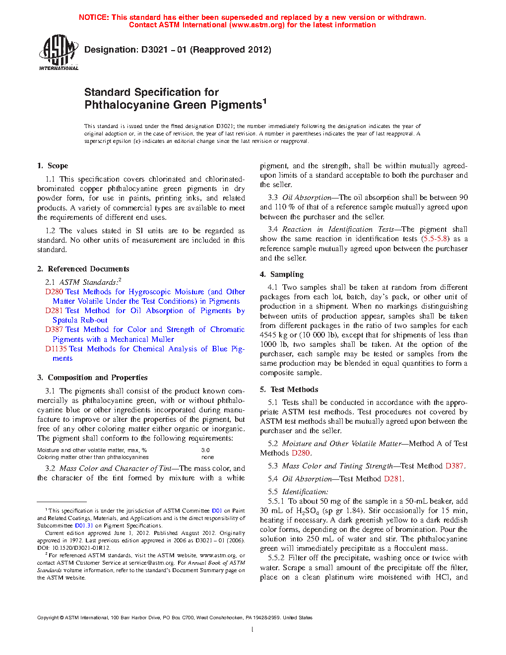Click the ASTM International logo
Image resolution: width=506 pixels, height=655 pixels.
(x=59, y=52)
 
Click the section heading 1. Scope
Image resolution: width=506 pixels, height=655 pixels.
(x=53, y=166)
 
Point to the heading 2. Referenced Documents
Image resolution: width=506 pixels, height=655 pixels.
(x=83, y=269)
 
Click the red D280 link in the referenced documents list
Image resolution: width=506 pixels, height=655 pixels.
(x=54, y=292)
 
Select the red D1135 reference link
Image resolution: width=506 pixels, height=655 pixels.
(x=56, y=349)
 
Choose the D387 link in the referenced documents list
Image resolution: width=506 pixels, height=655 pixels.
(x=54, y=329)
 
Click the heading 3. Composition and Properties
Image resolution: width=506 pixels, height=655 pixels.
(x=92, y=378)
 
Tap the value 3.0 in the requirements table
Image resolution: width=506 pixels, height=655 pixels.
(x=205, y=451)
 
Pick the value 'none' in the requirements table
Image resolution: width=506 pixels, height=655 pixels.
(x=208, y=457)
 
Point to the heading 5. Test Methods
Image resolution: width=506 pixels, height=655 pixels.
(x=289, y=390)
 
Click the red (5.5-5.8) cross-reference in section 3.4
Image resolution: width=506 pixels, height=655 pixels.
(x=435, y=239)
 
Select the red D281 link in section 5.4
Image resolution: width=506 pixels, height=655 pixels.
(x=393, y=479)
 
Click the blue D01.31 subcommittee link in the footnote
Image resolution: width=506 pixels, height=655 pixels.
(x=84, y=525)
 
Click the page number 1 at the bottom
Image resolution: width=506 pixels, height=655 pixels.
(x=253, y=630)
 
